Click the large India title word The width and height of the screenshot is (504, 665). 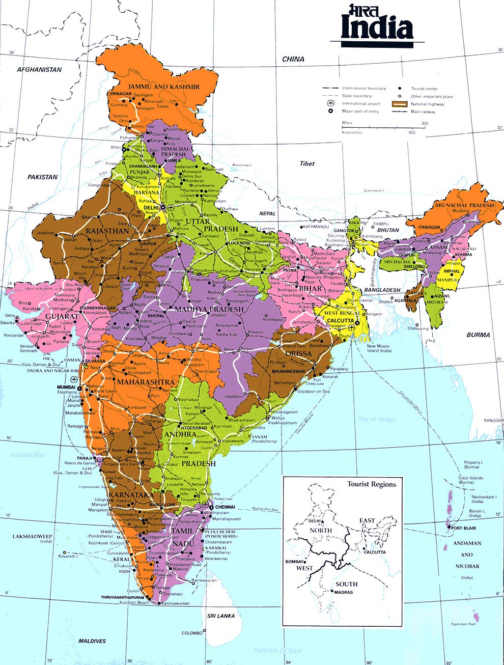(377, 30)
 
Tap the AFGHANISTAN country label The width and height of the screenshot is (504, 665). (39, 70)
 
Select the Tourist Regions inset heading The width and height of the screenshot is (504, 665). (371, 484)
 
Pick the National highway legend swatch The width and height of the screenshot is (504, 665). (400, 104)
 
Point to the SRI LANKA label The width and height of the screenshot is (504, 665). (221, 616)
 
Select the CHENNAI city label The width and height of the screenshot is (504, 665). (225, 507)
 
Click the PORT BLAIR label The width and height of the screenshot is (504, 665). (463, 529)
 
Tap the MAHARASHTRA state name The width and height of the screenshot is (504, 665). (146, 382)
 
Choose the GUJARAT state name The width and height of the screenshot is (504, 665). (62, 316)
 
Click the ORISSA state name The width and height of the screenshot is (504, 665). (298, 353)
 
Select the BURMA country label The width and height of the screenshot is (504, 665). (478, 335)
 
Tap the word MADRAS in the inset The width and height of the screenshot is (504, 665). (344, 593)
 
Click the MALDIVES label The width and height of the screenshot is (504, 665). (92, 641)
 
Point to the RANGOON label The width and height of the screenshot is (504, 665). (493, 421)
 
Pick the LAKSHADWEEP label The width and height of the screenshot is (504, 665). (33, 537)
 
